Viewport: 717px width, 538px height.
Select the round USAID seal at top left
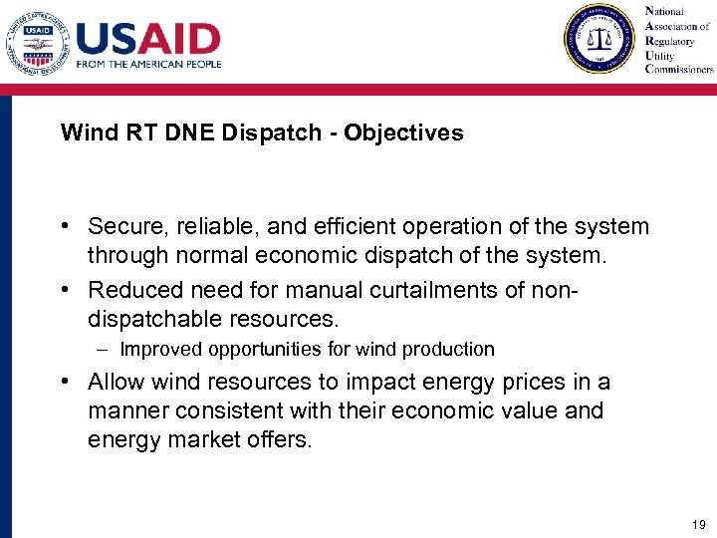pyautogui.click(x=37, y=41)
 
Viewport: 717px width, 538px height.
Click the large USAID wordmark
pyautogui.click(x=148, y=39)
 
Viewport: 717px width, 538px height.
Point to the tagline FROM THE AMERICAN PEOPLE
pyautogui.click(x=148, y=64)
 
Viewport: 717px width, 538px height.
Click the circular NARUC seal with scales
pyautogui.click(x=598, y=39)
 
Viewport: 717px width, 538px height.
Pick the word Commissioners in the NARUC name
pyautogui.click(x=679, y=69)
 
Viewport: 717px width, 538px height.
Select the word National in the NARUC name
pyautogui.click(x=666, y=11)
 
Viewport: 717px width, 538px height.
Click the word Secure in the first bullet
pyautogui.click(x=121, y=227)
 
